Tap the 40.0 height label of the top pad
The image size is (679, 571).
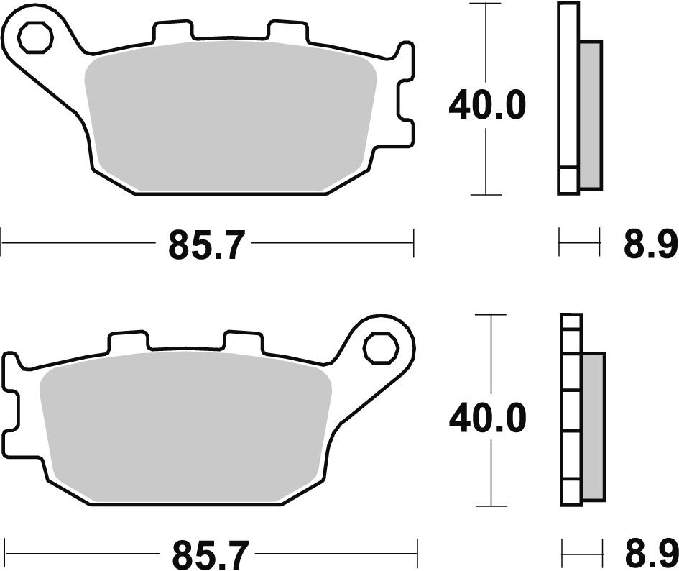[x=487, y=107]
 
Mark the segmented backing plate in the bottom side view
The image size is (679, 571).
[x=572, y=410]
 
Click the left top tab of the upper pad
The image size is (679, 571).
[x=173, y=32]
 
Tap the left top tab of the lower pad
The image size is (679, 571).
[x=129, y=342]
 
